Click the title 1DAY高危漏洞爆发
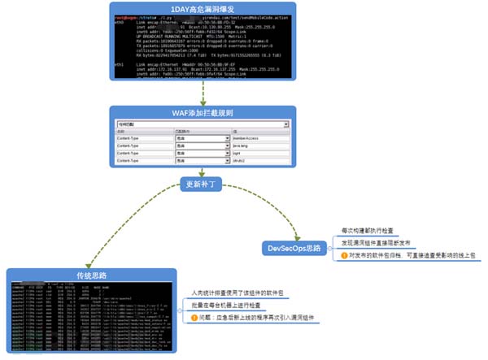point(204,8)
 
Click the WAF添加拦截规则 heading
point(203,113)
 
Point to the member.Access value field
point(260,139)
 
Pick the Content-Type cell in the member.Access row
point(139,139)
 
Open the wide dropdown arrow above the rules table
point(285,125)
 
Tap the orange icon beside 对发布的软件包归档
point(344,254)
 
